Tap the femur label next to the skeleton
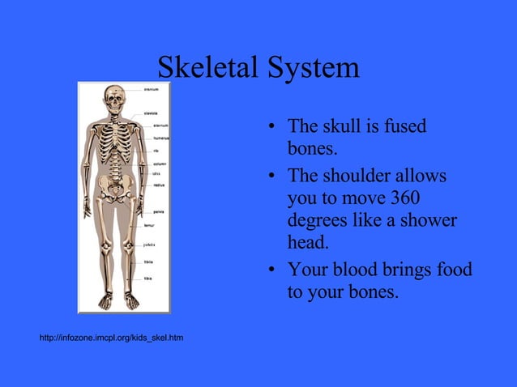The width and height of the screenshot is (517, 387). click(x=150, y=224)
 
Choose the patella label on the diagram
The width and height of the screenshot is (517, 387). click(x=151, y=244)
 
